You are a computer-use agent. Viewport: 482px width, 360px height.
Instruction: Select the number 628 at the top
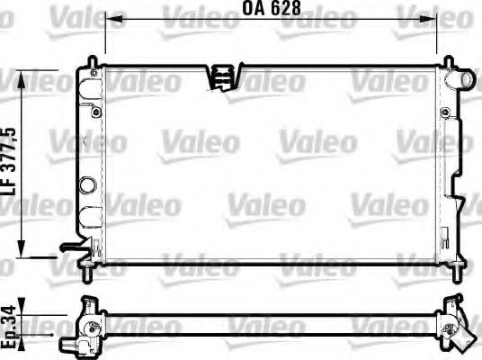point(286,11)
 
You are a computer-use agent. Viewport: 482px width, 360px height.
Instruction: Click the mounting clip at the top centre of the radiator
point(221,76)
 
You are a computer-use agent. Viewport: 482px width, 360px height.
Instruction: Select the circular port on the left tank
point(87,185)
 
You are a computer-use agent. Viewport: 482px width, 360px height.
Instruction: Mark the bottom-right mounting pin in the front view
point(459,269)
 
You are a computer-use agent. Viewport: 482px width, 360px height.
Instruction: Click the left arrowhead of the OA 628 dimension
point(110,26)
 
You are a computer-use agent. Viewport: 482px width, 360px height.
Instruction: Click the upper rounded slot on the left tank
point(91,91)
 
